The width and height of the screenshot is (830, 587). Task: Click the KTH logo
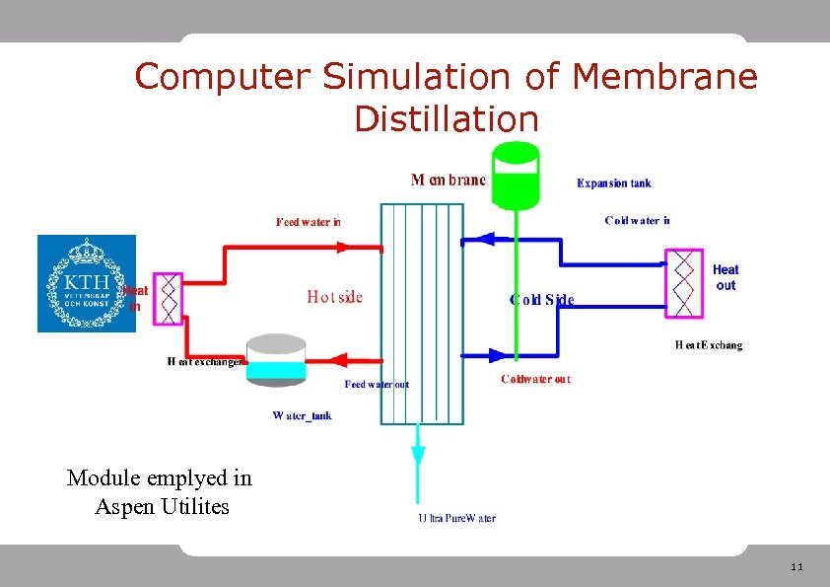(x=87, y=283)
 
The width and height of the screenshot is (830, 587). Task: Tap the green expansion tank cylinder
(x=516, y=176)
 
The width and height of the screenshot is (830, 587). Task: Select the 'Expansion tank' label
(x=613, y=183)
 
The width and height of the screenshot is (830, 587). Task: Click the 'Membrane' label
(x=448, y=180)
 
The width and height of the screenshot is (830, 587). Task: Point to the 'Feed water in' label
(x=309, y=222)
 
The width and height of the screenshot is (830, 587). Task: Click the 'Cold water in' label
(x=637, y=220)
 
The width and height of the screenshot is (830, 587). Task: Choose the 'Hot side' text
(x=335, y=296)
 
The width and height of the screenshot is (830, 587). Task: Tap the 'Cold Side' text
(x=541, y=299)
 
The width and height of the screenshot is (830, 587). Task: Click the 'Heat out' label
(x=726, y=277)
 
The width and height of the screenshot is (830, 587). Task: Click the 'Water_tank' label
(x=302, y=415)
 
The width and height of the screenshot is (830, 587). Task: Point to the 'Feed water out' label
(x=377, y=384)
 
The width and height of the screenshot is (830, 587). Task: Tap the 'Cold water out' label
(x=535, y=379)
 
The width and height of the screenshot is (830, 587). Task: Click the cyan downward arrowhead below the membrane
(x=418, y=457)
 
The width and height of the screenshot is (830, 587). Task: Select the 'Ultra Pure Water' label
(x=456, y=518)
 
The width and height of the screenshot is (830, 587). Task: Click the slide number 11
(x=796, y=567)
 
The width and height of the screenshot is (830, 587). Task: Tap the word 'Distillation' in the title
(x=447, y=119)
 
